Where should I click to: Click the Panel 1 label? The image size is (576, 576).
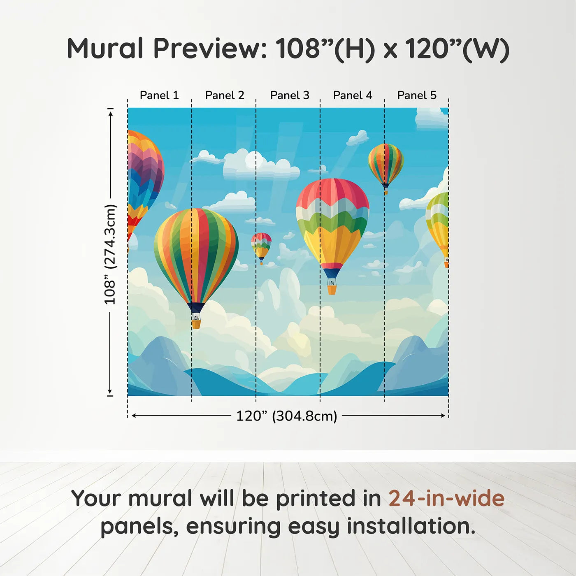[x=159, y=95]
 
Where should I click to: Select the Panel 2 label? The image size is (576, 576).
[x=225, y=95]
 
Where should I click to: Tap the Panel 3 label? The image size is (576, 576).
[x=290, y=95]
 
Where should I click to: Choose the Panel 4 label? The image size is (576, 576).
[x=353, y=95]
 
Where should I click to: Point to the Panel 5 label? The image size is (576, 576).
[x=417, y=95]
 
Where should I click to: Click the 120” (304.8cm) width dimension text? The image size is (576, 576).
[x=287, y=416]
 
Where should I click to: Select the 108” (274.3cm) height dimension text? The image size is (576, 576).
[x=110, y=254]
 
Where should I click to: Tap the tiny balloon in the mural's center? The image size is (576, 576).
[x=261, y=249]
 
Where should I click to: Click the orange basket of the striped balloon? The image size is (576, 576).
[x=196, y=324]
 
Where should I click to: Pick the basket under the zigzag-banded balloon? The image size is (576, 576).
[x=332, y=290]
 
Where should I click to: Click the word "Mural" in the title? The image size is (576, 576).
[x=106, y=49]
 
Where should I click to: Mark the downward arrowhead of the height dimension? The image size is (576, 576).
[x=110, y=391]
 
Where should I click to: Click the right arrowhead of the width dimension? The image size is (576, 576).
[x=443, y=416]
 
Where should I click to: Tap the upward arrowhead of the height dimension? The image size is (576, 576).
[x=111, y=114]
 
